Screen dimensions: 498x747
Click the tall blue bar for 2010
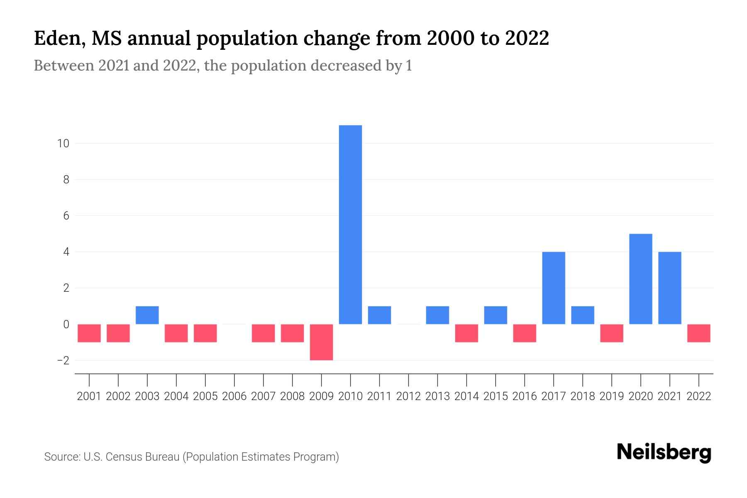tap(350, 224)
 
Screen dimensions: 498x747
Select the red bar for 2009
tap(321, 342)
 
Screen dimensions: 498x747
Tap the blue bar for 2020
tap(640, 279)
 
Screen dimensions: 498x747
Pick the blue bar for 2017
tap(553, 288)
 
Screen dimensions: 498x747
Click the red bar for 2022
tap(698, 333)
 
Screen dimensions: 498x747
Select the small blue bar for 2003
tap(147, 315)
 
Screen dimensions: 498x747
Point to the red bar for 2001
tap(89, 333)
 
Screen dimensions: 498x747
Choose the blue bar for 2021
tap(669, 288)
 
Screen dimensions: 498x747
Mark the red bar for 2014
tap(466, 333)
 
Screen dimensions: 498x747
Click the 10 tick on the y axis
tap(63, 144)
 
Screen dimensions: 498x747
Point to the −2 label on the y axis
tap(63, 361)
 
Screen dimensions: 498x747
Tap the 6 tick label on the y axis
tap(66, 216)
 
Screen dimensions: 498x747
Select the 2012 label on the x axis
tap(408, 396)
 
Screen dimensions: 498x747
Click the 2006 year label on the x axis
tap(234, 396)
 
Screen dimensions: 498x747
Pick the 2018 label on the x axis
tap(582, 396)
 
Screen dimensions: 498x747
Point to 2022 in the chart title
tap(527, 39)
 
